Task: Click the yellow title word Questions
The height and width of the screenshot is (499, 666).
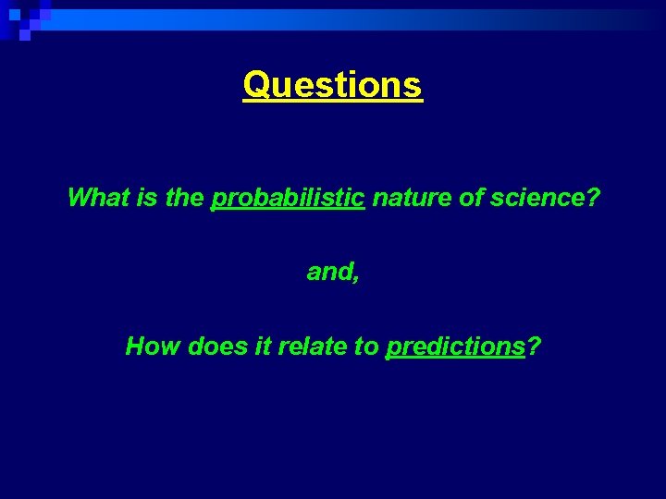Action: point(332,86)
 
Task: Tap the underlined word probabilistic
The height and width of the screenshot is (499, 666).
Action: point(288,198)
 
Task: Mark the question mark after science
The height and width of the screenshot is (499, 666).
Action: point(592,198)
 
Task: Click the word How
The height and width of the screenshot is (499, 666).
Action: point(153,347)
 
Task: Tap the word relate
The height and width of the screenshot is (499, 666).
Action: point(310,347)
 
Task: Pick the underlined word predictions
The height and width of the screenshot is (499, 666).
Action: point(455,347)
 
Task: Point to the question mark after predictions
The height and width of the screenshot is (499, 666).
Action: point(534,347)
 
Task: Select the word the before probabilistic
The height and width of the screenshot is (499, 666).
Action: point(185,198)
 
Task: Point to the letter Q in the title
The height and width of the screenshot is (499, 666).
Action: point(256,86)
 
